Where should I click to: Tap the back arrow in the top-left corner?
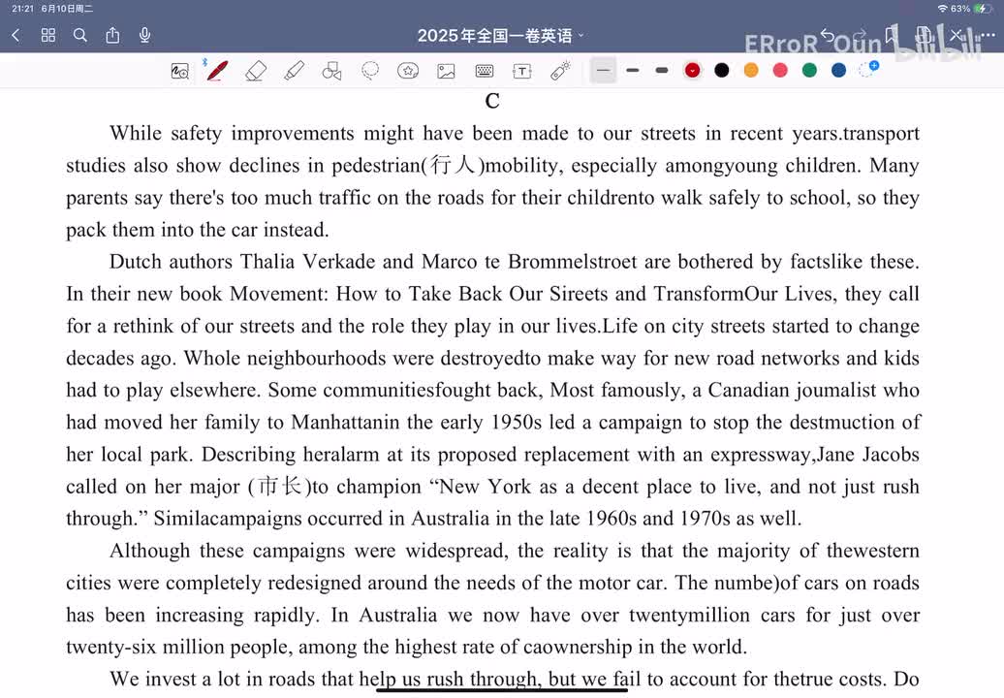coord(16,36)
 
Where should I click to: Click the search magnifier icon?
coord(80,36)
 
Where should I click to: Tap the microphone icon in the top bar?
coord(145,36)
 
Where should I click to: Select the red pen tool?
coord(218,71)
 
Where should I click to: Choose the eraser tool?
coord(256,71)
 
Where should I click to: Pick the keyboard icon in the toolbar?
coord(485,71)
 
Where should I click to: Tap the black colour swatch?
coord(722,70)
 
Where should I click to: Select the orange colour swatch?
coord(751,70)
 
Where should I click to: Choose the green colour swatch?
coord(809,70)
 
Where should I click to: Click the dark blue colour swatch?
coord(838,70)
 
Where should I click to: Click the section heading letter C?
coord(492,102)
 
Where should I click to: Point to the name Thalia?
coord(268,262)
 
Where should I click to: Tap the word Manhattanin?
coord(346,423)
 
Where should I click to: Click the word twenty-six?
coord(107,647)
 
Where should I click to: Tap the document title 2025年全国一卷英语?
coord(494,36)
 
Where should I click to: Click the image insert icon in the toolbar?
coord(446,71)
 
